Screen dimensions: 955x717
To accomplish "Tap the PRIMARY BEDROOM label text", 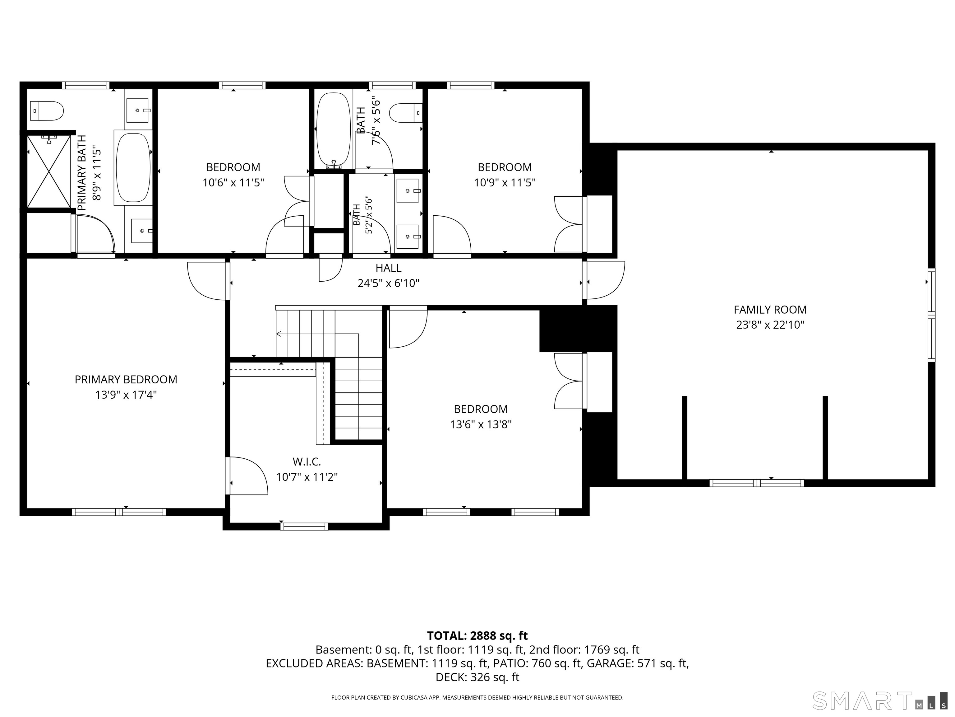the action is click(126, 379).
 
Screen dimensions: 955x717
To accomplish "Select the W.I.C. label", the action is click(307, 462).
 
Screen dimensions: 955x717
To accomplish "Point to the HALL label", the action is click(389, 268).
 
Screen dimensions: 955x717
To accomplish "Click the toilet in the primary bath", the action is click(47, 111).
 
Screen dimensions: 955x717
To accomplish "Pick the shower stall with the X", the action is click(49, 171).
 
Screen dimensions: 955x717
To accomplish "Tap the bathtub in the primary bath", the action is click(133, 168).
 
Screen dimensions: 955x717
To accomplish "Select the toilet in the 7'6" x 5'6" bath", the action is click(406, 113).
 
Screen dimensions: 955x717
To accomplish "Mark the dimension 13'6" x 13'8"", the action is click(481, 424).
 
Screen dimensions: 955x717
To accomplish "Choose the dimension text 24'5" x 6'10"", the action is click(389, 283).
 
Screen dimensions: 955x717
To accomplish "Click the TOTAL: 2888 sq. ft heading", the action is click(477, 636).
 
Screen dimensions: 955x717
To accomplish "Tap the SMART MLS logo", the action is click(880, 701).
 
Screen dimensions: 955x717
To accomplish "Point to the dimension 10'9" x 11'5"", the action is click(505, 182).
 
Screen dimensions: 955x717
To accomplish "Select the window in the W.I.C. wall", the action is click(304, 527).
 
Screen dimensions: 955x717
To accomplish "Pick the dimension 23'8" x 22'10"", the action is click(770, 325).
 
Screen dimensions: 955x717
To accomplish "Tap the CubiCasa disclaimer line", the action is click(477, 698).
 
